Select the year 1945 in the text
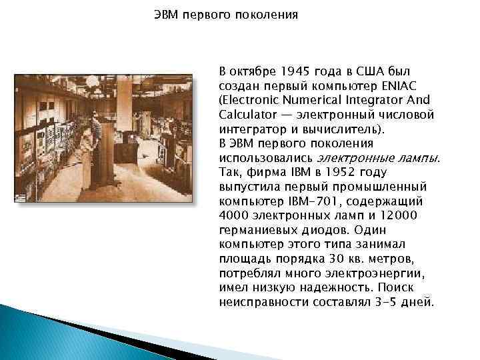[x=295, y=70]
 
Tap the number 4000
[x=233, y=215]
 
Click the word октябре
[x=251, y=70]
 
